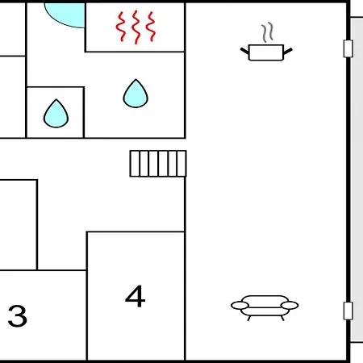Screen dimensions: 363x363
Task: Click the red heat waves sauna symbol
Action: point(136,27)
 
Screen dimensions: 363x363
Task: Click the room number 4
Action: point(136,296)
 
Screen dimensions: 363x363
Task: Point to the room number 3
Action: point(18,315)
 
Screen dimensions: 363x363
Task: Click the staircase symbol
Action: point(158,164)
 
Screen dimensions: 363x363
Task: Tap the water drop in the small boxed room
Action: point(56,113)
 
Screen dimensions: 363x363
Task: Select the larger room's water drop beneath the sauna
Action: point(136,94)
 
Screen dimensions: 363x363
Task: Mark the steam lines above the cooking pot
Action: point(268,33)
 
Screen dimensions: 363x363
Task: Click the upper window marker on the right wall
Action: point(348,48)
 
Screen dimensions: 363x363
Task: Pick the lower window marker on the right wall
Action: point(348,311)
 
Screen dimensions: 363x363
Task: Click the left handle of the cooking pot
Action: point(244,51)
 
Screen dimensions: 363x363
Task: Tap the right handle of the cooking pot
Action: point(288,51)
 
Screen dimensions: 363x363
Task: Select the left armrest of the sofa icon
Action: point(240,306)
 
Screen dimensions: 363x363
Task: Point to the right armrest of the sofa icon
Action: point(290,306)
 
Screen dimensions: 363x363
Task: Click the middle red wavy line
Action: point(136,27)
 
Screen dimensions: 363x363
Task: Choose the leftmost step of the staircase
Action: point(135,164)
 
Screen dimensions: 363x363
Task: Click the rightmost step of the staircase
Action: point(181,164)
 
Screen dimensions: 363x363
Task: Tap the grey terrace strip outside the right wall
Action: point(357,180)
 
